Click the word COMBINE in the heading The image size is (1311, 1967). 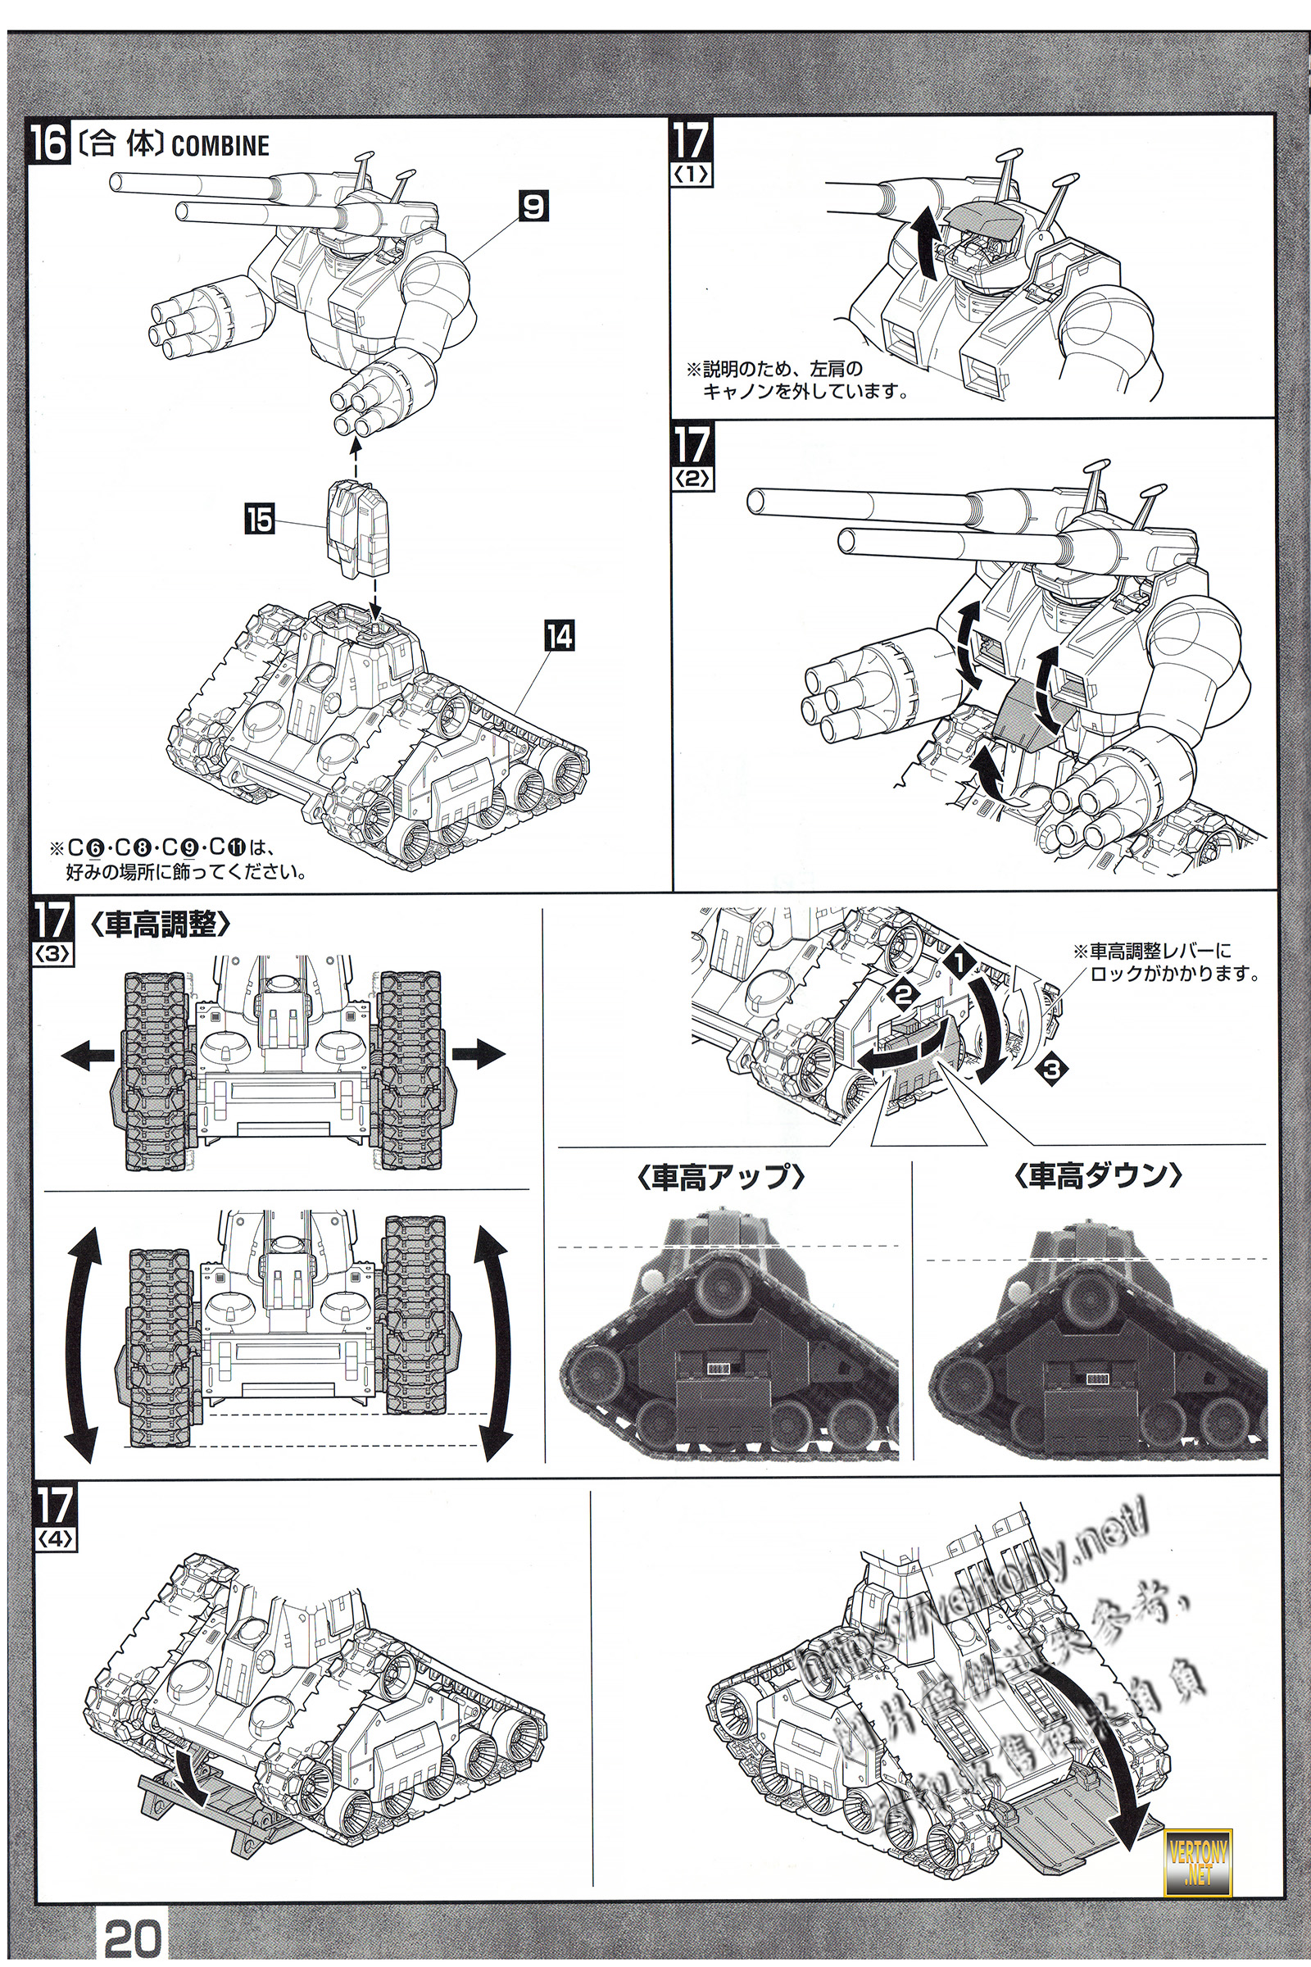220,146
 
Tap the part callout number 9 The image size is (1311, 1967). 533,206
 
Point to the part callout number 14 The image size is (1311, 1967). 560,638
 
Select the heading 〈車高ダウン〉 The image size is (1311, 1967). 1098,1178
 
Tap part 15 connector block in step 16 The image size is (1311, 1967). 358,529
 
